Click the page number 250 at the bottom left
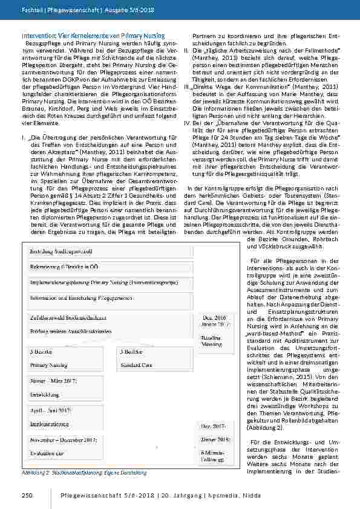click(27, 496)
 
